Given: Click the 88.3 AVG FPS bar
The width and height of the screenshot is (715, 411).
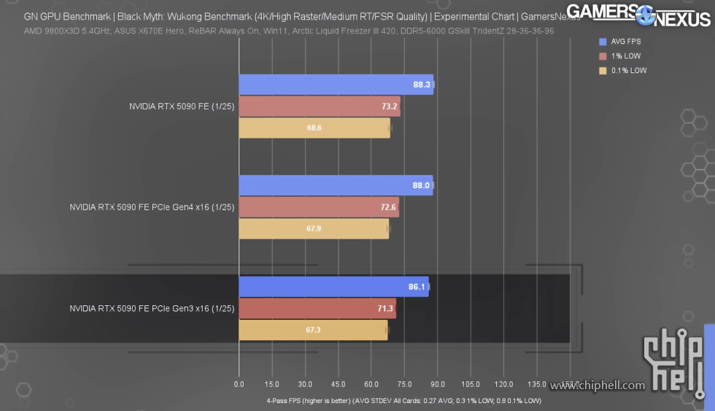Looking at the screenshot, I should coord(336,85).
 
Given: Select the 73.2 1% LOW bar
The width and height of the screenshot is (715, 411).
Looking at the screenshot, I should coord(319,107).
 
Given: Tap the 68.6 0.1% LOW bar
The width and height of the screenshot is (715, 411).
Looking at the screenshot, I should coord(314,128).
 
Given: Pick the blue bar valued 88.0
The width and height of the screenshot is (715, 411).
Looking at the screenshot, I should coord(336,185).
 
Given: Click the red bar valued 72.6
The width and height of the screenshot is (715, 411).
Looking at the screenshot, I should coord(318,207).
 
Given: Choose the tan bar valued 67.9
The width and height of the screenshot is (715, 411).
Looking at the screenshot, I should coord(313,228).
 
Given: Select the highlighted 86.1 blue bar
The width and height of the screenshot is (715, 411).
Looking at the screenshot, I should coord(333,287).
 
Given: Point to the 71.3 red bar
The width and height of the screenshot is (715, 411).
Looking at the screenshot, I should coord(317,309).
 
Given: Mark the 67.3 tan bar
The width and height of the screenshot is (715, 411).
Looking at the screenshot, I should coord(313,330).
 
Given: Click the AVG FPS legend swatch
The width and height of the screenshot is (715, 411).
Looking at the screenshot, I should coord(602,42).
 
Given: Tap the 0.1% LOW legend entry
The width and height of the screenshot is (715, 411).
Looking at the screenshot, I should coord(623,71).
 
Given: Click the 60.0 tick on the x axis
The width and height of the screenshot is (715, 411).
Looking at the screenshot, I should coord(371,384).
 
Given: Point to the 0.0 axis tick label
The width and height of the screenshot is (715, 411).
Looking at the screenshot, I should coord(239,384).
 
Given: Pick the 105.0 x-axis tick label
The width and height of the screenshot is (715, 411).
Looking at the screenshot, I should coord(471,384).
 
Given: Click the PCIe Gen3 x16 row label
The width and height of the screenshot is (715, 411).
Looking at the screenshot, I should coord(152,309).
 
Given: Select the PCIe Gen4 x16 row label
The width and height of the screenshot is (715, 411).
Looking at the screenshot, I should coord(152,207).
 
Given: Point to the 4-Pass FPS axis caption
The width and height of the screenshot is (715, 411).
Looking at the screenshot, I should coord(404,401).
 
